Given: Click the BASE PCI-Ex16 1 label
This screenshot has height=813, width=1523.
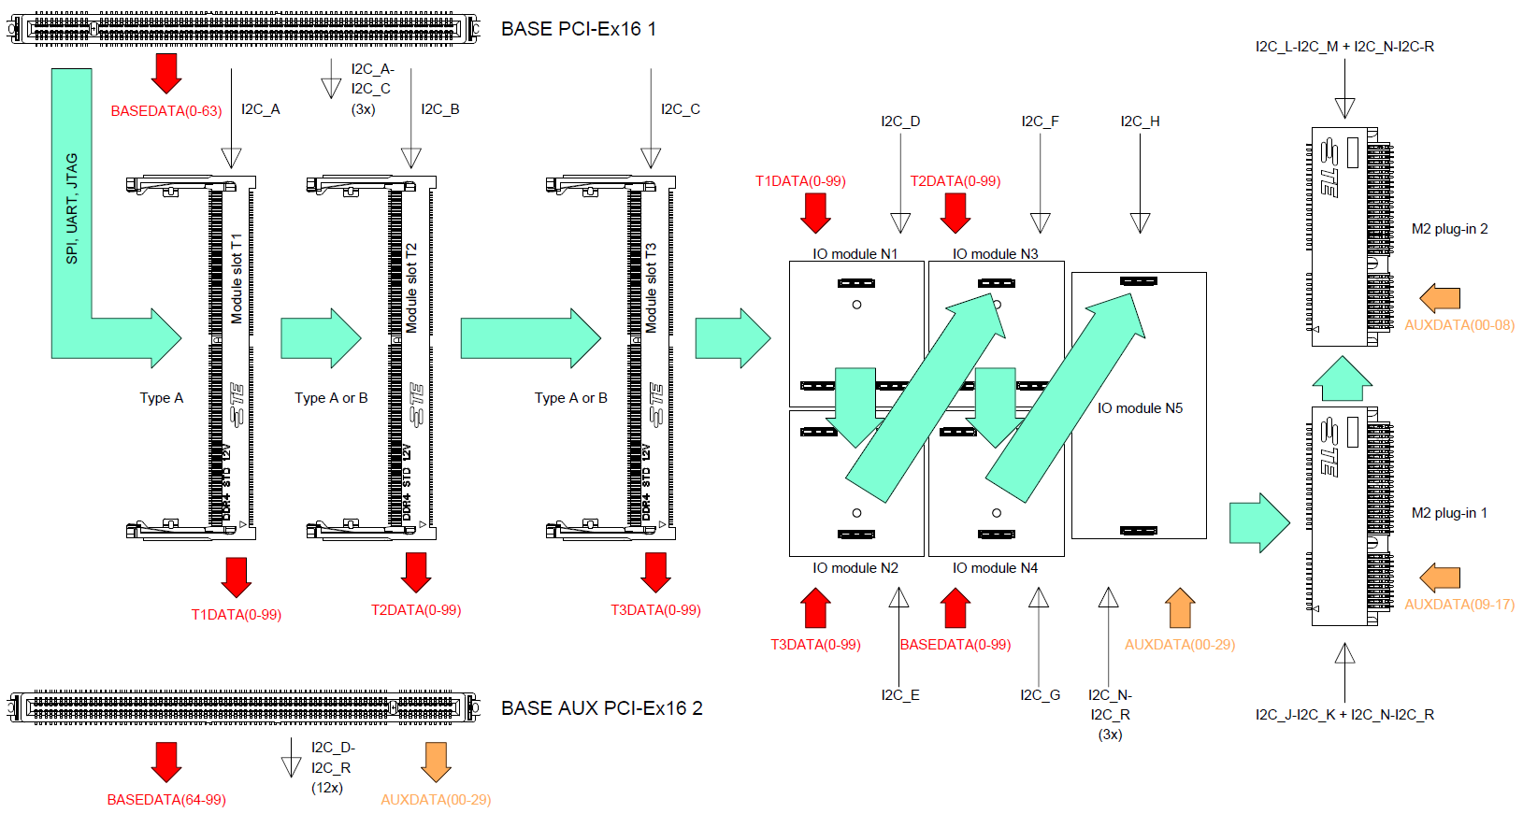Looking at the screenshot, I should click(x=578, y=29).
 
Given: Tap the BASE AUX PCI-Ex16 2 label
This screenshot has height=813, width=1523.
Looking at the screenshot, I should click(x=601, y=708).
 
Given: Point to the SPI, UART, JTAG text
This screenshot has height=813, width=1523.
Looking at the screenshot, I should click(x=72, y=208).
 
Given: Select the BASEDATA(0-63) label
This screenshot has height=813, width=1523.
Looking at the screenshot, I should click(x=166, y=111).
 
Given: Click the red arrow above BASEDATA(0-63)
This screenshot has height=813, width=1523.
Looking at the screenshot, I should click(x=166, y=73).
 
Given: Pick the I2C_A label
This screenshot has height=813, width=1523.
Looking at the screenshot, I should click(x=260, y=109).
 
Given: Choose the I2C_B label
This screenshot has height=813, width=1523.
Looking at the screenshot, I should click(x=439, y=109).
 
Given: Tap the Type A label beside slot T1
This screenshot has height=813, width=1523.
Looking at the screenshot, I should click(x=162, y=398).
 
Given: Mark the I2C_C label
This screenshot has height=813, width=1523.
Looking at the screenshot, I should click(x=680, y=109).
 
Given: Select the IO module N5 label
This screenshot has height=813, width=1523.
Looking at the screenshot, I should click(x=1140, y=408).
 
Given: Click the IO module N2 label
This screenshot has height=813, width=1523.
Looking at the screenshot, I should click(x=855, y=568).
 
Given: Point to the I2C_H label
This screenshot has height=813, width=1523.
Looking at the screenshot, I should click(x=1140, y=121).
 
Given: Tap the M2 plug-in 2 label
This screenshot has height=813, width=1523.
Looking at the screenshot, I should click(x=1449, y=229).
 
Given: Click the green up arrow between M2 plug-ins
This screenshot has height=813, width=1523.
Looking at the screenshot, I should click(x=1342, y=378).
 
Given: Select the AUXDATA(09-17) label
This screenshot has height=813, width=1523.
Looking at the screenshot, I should click(x=1458, y=605).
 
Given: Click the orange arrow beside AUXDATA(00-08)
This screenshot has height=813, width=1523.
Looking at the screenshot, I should click(x=1440, y=299).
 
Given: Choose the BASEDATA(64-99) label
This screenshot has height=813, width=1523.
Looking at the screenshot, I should click(x=166, y=800).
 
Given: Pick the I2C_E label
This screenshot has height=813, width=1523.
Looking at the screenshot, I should click(x=899, y=695).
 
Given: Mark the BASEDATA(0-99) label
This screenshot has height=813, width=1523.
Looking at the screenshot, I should click(x=955, y=645).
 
